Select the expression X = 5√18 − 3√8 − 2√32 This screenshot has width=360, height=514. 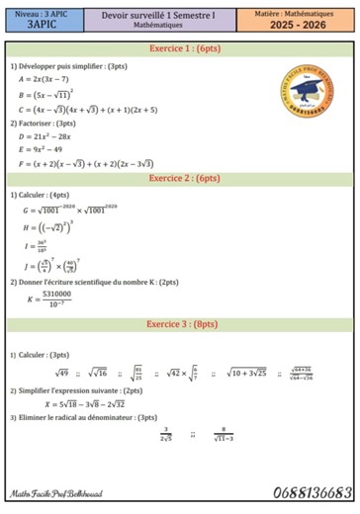(83, 404)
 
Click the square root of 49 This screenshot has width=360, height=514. (60, 373)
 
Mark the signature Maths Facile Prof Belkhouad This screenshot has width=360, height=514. (50, 493)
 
